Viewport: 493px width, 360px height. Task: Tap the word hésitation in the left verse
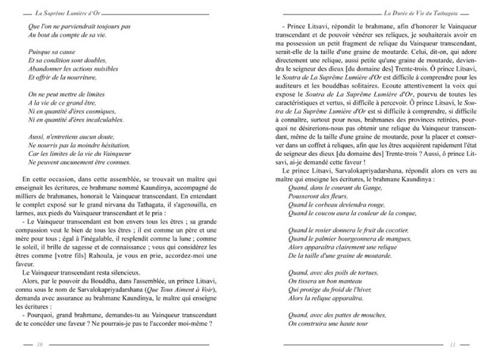pyautogui.click(x=110, y=147)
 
